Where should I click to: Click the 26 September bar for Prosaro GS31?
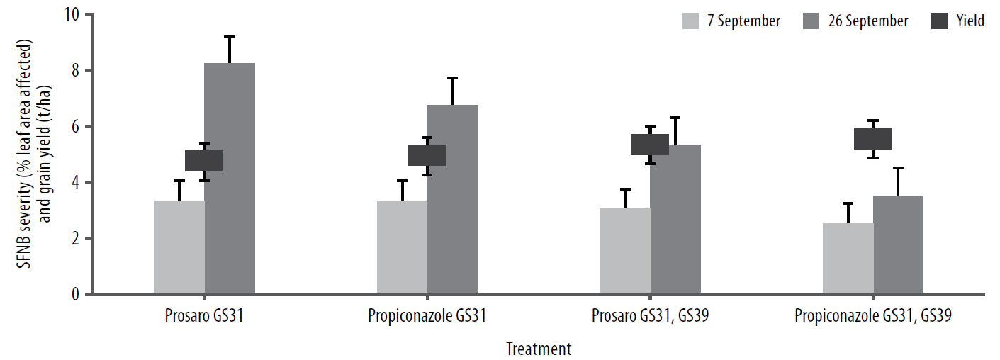coord(230,178)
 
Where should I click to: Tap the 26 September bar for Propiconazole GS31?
coord(452,199)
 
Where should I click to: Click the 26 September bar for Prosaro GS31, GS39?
coord(675,219)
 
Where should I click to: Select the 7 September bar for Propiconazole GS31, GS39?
coord(848,258)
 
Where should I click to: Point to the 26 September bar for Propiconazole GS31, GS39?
coord(898,244)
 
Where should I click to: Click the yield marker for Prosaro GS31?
coord(204,161)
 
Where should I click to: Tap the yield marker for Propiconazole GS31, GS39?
coord(872,139)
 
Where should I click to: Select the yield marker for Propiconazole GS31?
coord(427,155)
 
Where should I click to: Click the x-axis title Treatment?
coord(539,349)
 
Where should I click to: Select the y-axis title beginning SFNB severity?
coord(35,153)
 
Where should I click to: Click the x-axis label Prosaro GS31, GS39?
coord(650,316)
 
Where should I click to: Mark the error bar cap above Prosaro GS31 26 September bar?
coord(230,36)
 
